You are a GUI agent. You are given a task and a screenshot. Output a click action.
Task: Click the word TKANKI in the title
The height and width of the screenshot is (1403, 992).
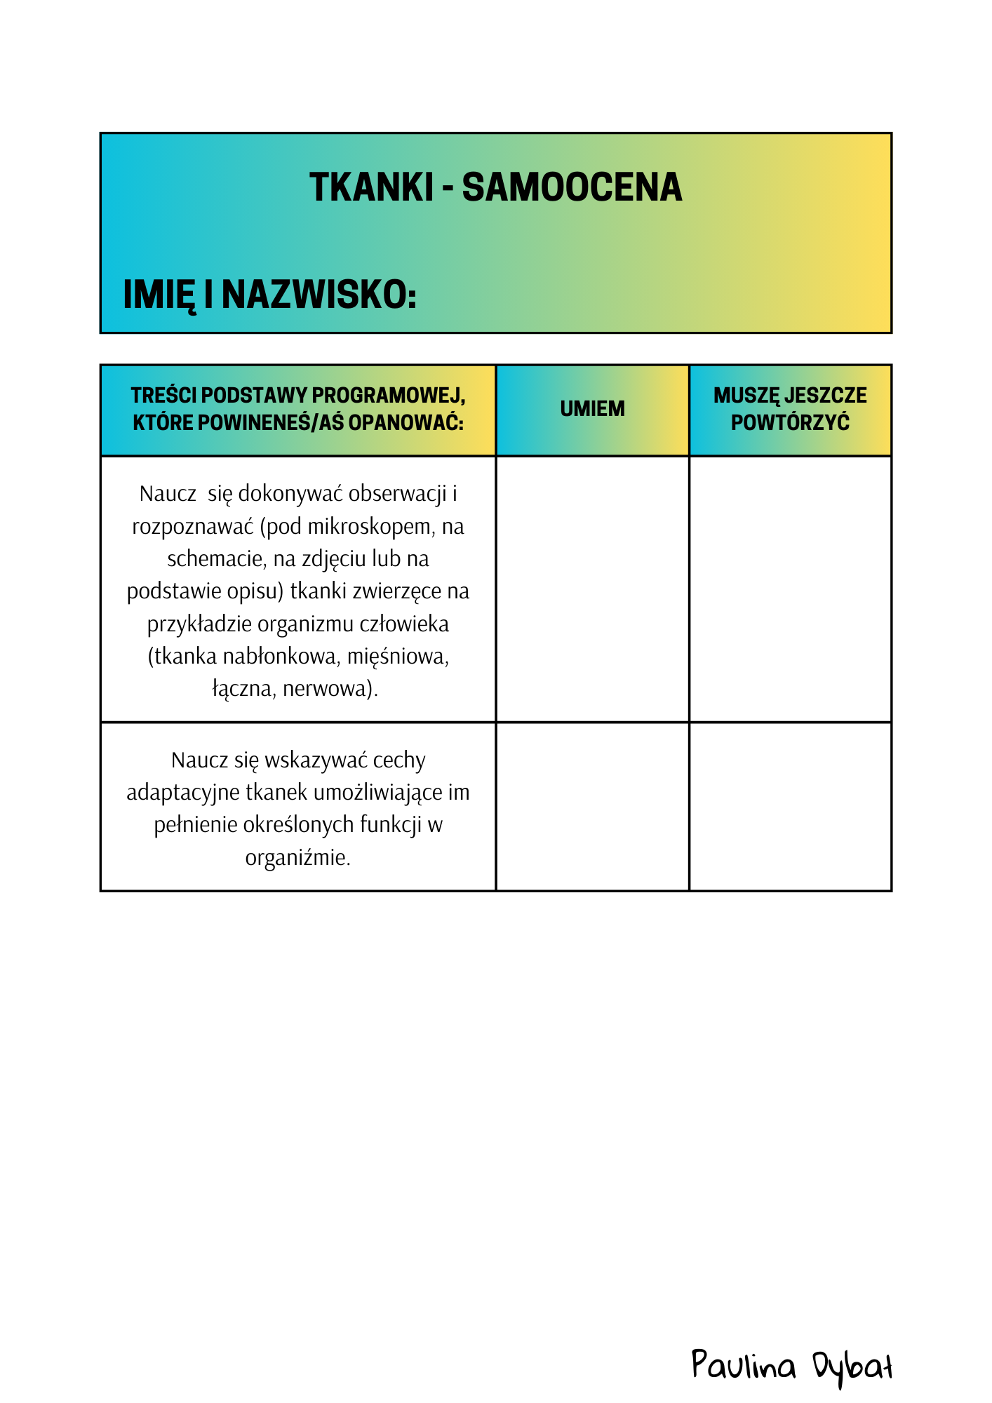[x=371, y=188]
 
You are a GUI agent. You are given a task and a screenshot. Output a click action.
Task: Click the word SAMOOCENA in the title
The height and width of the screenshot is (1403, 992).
[x=572, y=188]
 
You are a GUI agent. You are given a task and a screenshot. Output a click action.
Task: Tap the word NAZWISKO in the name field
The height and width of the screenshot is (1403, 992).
[x=319, y=295]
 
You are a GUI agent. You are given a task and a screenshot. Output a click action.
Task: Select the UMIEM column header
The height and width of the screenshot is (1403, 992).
[x=592, y=409]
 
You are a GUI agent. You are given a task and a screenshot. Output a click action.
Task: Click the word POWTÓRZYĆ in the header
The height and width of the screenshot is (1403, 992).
[x=790, y=423]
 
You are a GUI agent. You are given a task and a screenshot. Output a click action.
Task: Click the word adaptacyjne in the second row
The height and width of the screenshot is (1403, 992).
[x=182, y=793]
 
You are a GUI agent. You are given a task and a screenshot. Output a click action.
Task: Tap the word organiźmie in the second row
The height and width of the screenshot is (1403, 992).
[x=297, y=857]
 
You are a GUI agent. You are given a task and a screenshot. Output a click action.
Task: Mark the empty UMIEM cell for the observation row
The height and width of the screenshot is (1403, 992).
[x=592, y=589]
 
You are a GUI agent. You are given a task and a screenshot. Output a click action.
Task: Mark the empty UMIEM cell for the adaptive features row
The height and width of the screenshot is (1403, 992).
[x=592, y=807]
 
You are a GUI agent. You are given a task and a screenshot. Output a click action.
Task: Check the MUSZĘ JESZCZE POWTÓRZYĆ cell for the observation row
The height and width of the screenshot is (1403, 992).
[x=790, y=589]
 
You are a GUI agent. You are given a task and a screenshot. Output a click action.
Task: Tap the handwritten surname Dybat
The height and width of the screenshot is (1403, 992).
[x=852, y=1367]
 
